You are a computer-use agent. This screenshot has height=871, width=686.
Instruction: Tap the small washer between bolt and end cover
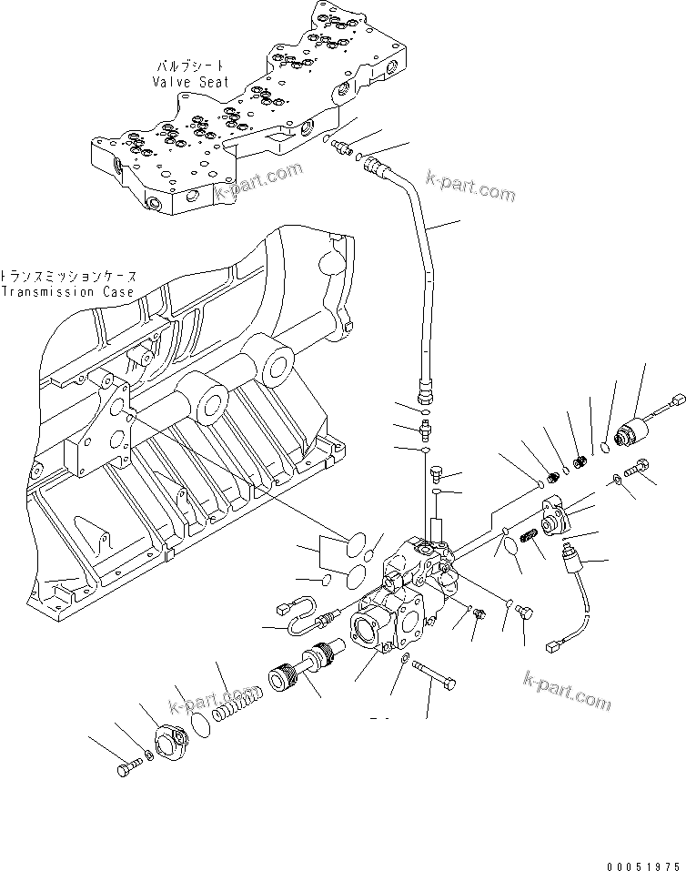tap(148, 755)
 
